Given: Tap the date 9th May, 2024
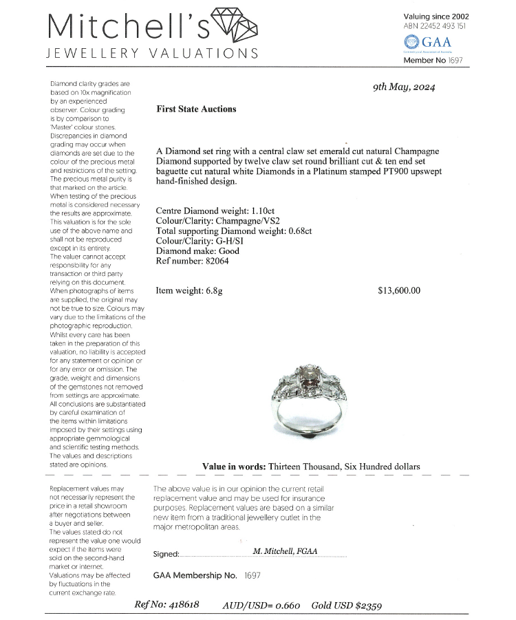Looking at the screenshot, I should [404, 87].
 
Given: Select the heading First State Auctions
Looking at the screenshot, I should [196, 109].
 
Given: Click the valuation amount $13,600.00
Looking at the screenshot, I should [399, 290].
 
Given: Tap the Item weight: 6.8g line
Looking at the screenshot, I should [189, 290].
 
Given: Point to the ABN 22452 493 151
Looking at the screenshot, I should [435, 26].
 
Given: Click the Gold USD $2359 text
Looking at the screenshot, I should [348, 606].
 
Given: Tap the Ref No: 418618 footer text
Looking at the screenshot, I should [167, 605].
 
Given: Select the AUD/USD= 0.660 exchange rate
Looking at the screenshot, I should [261, 606].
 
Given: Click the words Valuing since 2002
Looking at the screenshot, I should [437, 16].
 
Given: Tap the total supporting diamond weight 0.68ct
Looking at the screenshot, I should [297, 231].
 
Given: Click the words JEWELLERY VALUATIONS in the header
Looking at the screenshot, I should [152, 53].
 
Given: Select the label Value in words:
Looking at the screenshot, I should [234, 467].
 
